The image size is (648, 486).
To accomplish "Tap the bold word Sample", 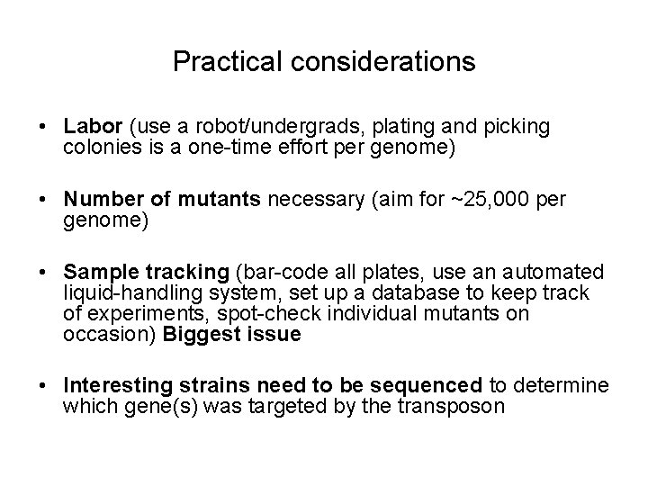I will pos(97,273).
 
